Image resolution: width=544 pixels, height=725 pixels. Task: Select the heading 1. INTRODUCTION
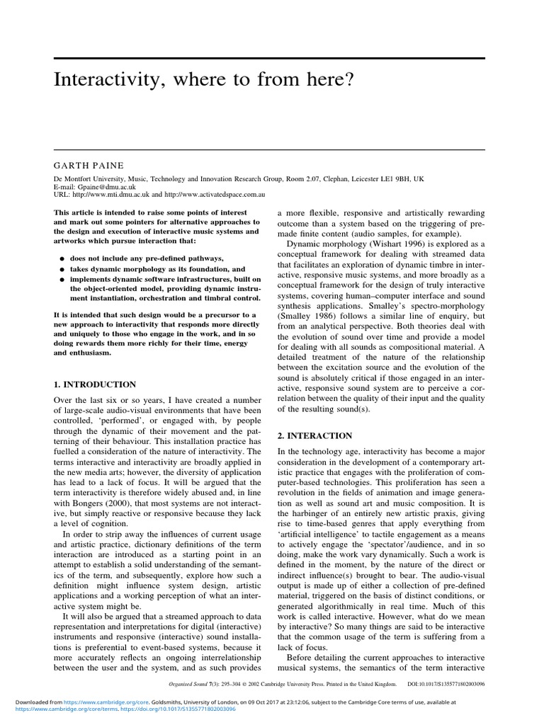95,384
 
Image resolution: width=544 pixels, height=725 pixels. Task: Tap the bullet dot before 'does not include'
62,259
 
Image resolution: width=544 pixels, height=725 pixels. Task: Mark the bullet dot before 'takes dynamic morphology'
62,270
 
